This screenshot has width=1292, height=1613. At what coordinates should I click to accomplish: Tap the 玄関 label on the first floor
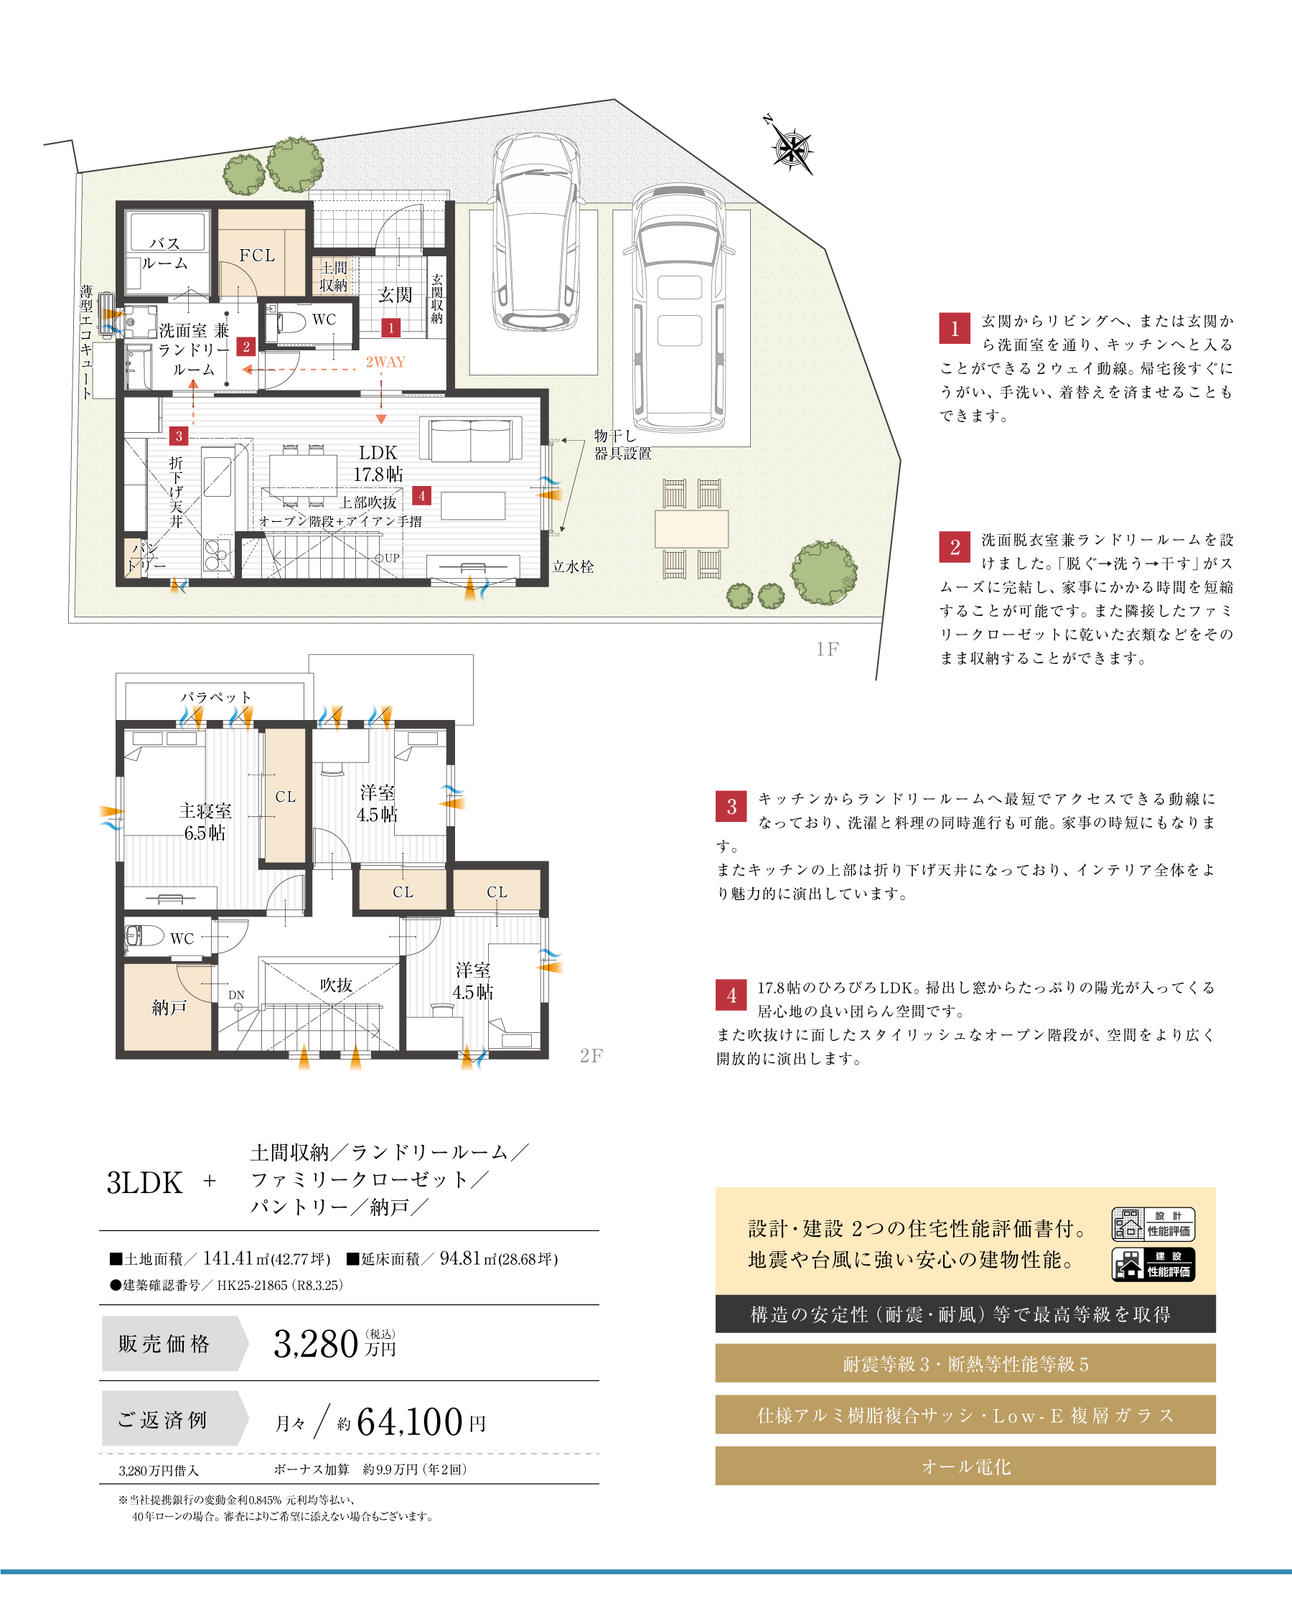tap(394, 295)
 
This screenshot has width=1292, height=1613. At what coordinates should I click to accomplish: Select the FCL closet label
tap(256, 256)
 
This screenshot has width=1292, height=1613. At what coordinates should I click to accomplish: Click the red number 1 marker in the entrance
tap(390, 327)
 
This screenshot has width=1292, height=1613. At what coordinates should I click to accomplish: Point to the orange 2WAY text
tap(385, 362)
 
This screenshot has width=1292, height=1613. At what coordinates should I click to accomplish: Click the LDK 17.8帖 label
tap(378, 463)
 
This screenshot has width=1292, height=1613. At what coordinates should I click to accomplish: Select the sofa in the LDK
tap(471, 439)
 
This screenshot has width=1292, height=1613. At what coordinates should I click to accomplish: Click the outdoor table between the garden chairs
tap(691, 529)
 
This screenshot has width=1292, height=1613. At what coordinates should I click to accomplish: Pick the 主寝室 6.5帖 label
tap(205, 821)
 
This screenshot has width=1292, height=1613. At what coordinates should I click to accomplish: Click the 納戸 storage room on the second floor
tap(169, 1007)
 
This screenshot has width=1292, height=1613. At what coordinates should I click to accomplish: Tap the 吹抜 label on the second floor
tap(336, 985)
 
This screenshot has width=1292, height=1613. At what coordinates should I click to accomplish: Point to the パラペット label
tap(215, 696)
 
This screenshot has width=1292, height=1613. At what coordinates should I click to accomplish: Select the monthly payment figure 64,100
tap(410, 1421)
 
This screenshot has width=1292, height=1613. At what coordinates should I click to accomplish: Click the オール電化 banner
tap(965, 1466)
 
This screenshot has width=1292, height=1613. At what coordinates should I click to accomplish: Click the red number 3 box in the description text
tap(731, 807)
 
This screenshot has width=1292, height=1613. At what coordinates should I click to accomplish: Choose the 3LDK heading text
tap(144, 1183)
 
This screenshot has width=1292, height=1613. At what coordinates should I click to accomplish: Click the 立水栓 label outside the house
tap(573, 566)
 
